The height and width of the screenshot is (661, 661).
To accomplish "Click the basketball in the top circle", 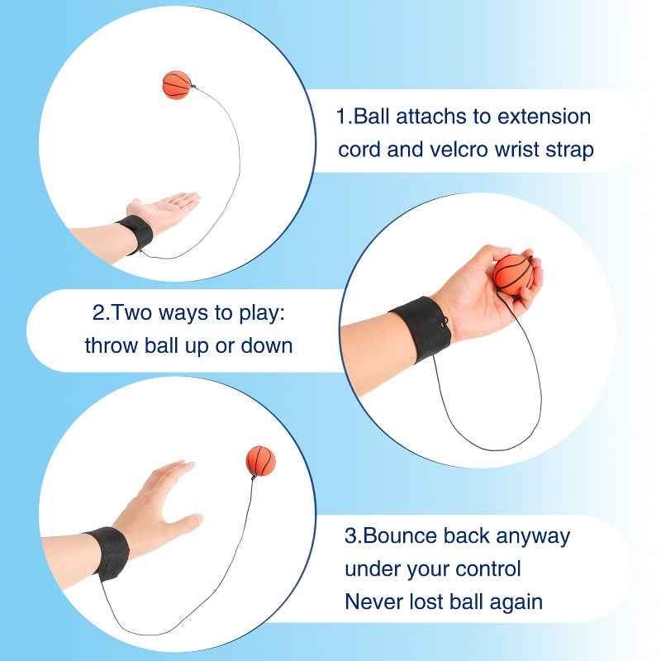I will pyautogui.click(x=176, y=84).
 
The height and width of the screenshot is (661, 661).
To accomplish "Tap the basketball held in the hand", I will pyautogui.click(x=513, y=273).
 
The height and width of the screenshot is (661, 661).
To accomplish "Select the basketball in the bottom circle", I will pyautogui.click(x=260, y=461).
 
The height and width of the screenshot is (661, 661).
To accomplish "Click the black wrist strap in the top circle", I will pyautogui.click(x=135, y=235).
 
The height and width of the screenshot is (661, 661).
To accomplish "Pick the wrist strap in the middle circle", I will pyautogui.click(x=421, y=329).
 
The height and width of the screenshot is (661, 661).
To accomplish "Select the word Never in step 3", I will pyautogui.click(x=374, y=602).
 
